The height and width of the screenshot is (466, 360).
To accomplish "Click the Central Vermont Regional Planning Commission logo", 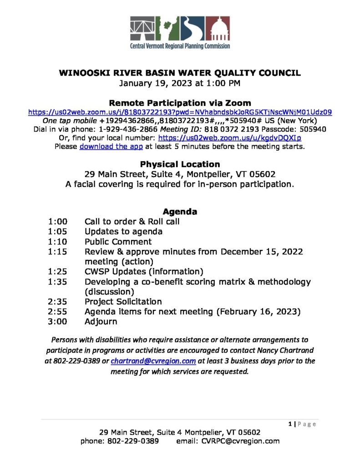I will coord(180,32).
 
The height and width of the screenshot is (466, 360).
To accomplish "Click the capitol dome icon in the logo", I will coord(218,28).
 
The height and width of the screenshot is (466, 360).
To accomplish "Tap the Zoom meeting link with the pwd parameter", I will coord(180,112).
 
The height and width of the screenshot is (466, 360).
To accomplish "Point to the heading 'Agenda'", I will coord(180,212).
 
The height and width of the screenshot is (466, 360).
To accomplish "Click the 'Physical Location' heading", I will coord(180,164).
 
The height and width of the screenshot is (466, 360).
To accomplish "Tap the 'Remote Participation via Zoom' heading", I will coord(180,103).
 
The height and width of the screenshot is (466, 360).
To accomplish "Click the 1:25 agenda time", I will coord(57,272).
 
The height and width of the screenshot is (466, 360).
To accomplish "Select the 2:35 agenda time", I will coord(57,302).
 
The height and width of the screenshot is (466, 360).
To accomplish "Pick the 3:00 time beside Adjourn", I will coord(57,322).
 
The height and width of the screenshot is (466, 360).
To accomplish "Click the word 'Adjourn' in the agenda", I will coord(101,322).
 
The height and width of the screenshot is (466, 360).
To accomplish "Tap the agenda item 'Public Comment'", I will coord(118,242).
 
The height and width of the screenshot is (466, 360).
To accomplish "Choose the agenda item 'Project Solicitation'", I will coord(123,302).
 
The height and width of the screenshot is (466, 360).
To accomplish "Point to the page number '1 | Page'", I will coord(302,424).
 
